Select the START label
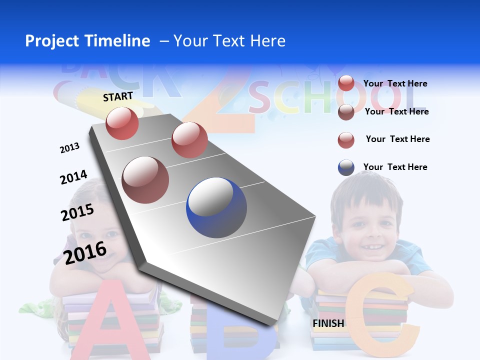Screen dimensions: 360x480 point(118,96)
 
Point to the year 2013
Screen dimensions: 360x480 point(69,148)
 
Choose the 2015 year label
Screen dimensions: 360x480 point(77,212)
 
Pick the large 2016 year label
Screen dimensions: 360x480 point(85,252)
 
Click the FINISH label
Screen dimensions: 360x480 point(328,323)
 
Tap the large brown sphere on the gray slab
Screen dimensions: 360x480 point(145,179)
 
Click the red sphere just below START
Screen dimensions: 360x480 point(122,123)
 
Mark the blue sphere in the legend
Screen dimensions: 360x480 point(346,167)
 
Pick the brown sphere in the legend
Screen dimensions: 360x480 point(346,112)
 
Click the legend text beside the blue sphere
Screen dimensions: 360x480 point(395,167)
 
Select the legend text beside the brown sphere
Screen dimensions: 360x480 point(396,111)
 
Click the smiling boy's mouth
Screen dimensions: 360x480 point(369,246)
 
